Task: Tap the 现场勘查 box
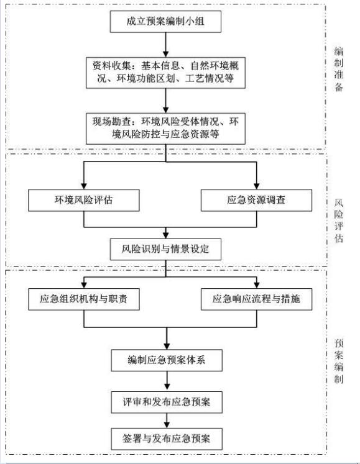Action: [165, 127]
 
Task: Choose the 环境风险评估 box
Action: [83, 201]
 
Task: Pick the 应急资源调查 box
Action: [256, 201]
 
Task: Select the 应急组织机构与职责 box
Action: [83, 299]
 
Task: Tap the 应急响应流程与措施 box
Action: [256, 299]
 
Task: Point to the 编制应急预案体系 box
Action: [166, 360]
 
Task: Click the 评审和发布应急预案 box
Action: [166, 401]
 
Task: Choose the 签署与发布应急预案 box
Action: [166, 439]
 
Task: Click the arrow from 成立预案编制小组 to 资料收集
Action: [165, 44]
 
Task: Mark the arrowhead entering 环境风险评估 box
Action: [83, 185]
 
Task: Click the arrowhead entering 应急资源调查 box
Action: [256, 185]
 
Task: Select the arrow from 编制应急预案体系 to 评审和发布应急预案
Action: [166, 381]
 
